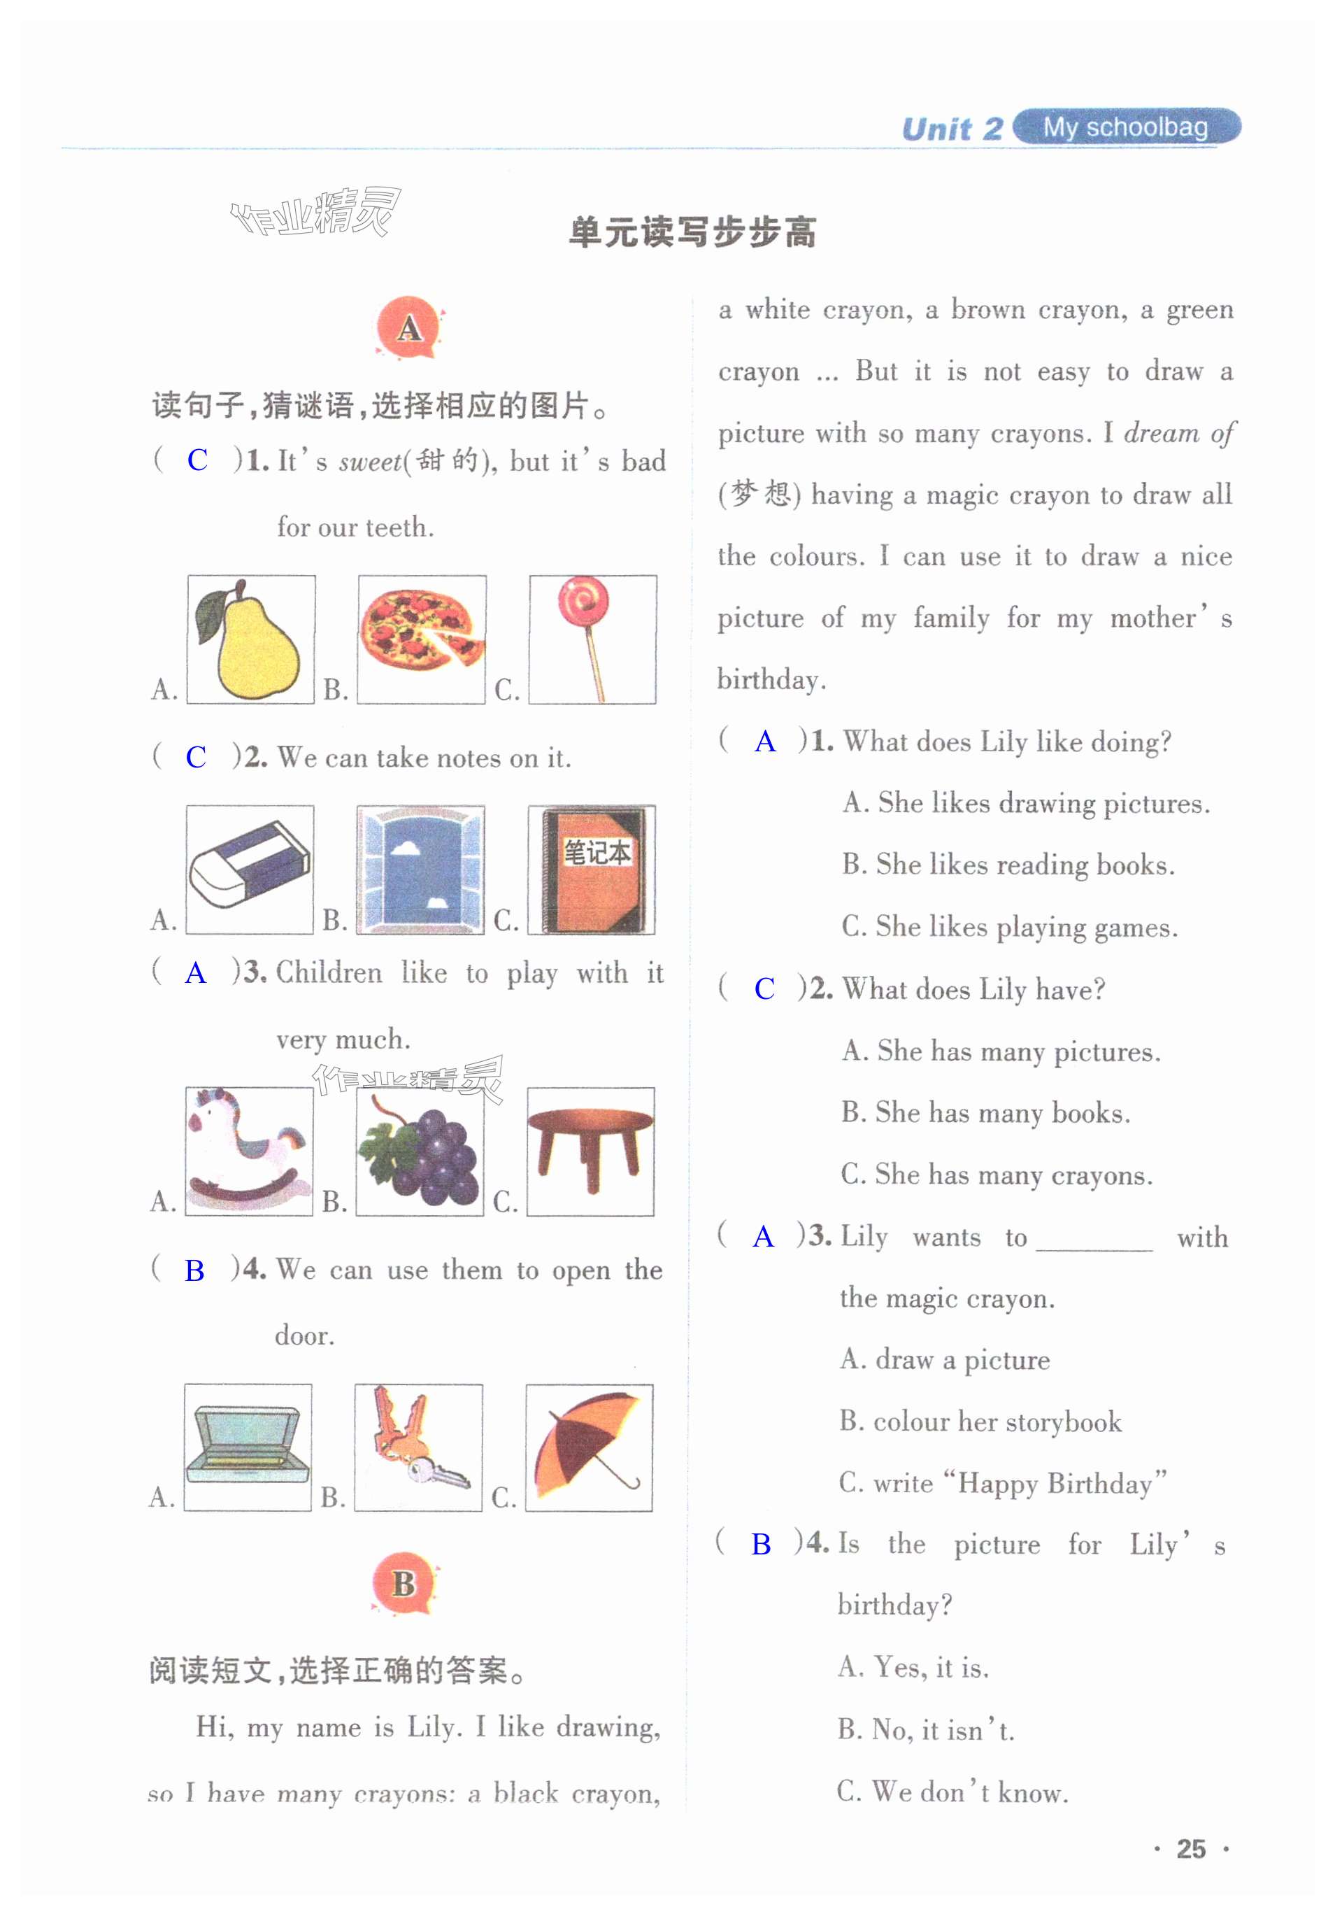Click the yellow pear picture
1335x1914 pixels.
pos(250,639)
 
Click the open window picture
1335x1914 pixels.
pos(421,870)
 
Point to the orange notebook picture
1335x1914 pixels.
pos(592,870)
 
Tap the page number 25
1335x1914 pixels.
pos(1191,1849)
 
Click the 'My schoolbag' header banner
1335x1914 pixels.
pos(1127,127)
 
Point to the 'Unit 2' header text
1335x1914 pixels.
pos(952,129)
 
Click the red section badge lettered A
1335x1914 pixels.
pos(408,327)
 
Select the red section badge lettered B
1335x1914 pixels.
pos(405,1582)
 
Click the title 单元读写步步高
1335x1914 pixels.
pos(692,232)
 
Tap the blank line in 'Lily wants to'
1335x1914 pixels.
pos(1094,1249)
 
